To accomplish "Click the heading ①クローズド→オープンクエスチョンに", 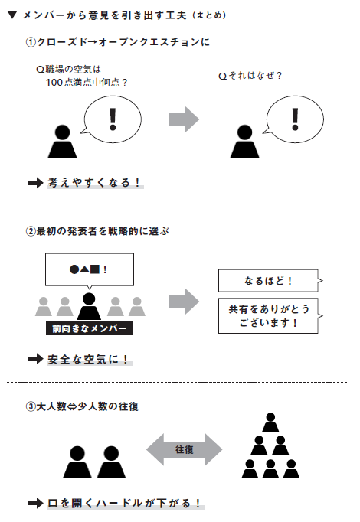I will point(117,43).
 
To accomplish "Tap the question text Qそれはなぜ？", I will point(250,75).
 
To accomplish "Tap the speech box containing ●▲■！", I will point(89,269).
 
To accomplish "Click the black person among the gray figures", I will point(89,306).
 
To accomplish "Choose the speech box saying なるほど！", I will point(267,280).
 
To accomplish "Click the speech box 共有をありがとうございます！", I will point(267,315).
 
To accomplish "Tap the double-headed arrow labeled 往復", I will point(184,449).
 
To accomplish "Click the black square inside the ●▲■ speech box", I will point(95,269).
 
